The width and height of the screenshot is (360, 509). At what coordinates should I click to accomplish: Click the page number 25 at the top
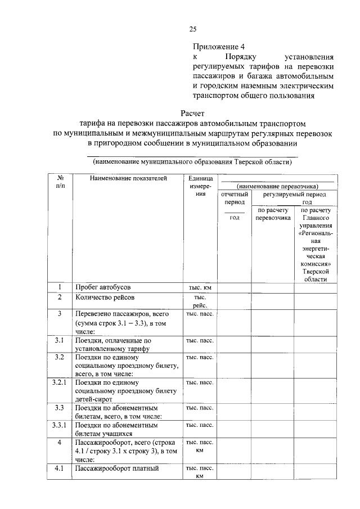(192, 29)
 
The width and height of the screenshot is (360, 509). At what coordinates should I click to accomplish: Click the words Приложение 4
(219, 47)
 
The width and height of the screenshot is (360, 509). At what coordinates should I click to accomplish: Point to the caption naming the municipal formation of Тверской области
(192, 162)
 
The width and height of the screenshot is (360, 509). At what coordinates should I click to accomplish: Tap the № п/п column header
(60, 182)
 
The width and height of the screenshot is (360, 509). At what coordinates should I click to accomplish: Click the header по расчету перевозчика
(272, 214)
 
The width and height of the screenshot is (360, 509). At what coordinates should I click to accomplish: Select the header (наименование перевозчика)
(277, 186)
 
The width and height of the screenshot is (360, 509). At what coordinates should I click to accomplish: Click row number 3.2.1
(60, 382)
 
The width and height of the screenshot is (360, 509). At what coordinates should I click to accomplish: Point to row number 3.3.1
(60, 425)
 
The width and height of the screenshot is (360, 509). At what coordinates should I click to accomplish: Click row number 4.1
(60, 467)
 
